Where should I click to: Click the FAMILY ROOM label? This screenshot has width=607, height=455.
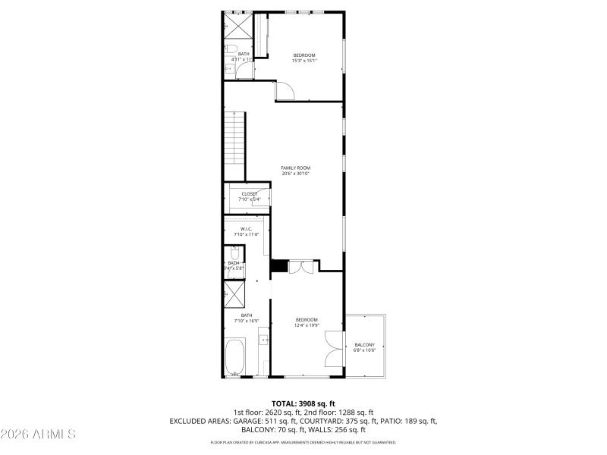point(295,168)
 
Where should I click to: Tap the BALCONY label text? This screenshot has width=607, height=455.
point(364,344)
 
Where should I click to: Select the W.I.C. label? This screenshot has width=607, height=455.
point(246,228)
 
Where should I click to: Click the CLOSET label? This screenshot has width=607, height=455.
point(250,194)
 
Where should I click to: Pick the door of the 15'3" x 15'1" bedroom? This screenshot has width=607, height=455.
point(285,91)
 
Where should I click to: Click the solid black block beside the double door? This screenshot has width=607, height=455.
point(279,266)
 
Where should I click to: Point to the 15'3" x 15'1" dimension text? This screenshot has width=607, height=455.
point(304,61)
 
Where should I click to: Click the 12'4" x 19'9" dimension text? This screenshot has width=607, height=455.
point(307,325)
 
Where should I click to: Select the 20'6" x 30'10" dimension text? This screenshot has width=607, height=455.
point(295,174)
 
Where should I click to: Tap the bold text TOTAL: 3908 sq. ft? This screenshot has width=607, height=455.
point(303,403)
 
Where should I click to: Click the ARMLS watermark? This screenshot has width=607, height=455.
point(38,435)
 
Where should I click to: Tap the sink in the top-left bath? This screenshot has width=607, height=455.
point(228,68)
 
